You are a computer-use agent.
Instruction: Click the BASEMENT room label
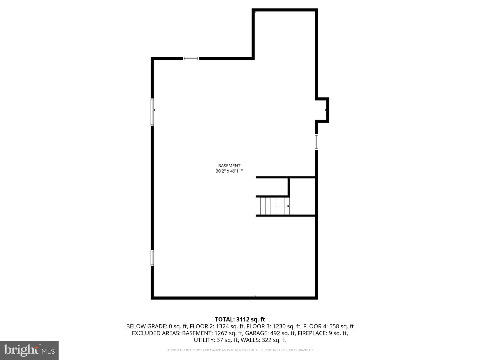coord(229,166)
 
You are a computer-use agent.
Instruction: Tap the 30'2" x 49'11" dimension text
coord(229,171)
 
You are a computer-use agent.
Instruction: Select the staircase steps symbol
coord(274,206)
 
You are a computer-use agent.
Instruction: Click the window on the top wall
coord(191,59)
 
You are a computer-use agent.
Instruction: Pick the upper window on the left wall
coord(152,112)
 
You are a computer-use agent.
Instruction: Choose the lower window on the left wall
coord(152,258)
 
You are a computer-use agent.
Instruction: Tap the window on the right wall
coord(316,142)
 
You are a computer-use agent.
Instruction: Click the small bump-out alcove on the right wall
coord(322,110)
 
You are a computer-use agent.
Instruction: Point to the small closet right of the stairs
coord(302,197)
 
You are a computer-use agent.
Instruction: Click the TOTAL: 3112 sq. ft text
coord(240,320)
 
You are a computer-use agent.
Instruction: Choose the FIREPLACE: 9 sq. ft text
coord(323,333)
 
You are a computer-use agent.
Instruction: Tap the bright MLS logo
coord(29,350)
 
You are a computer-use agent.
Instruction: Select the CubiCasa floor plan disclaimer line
coord(240,350)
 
